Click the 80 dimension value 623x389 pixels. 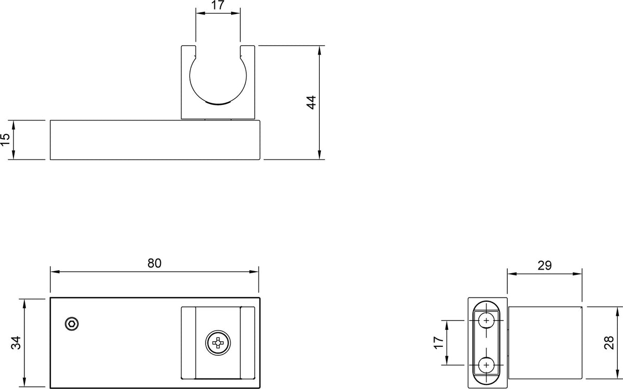click(x=154, y=263)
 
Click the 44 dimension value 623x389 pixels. click(x=311, y=102)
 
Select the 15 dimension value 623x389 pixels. click(x=5, y=140)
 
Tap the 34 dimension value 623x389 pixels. click(x=16, y=343)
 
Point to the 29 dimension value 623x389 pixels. click(x=545, y=265)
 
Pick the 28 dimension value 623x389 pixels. click(x=609, y=343)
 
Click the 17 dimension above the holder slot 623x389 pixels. click(x=218, y=5)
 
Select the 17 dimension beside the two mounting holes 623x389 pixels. click(x=439, y=343)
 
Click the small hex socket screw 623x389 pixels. click(x=72, y=324)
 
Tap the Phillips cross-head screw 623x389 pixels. click(x=218, y=343)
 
